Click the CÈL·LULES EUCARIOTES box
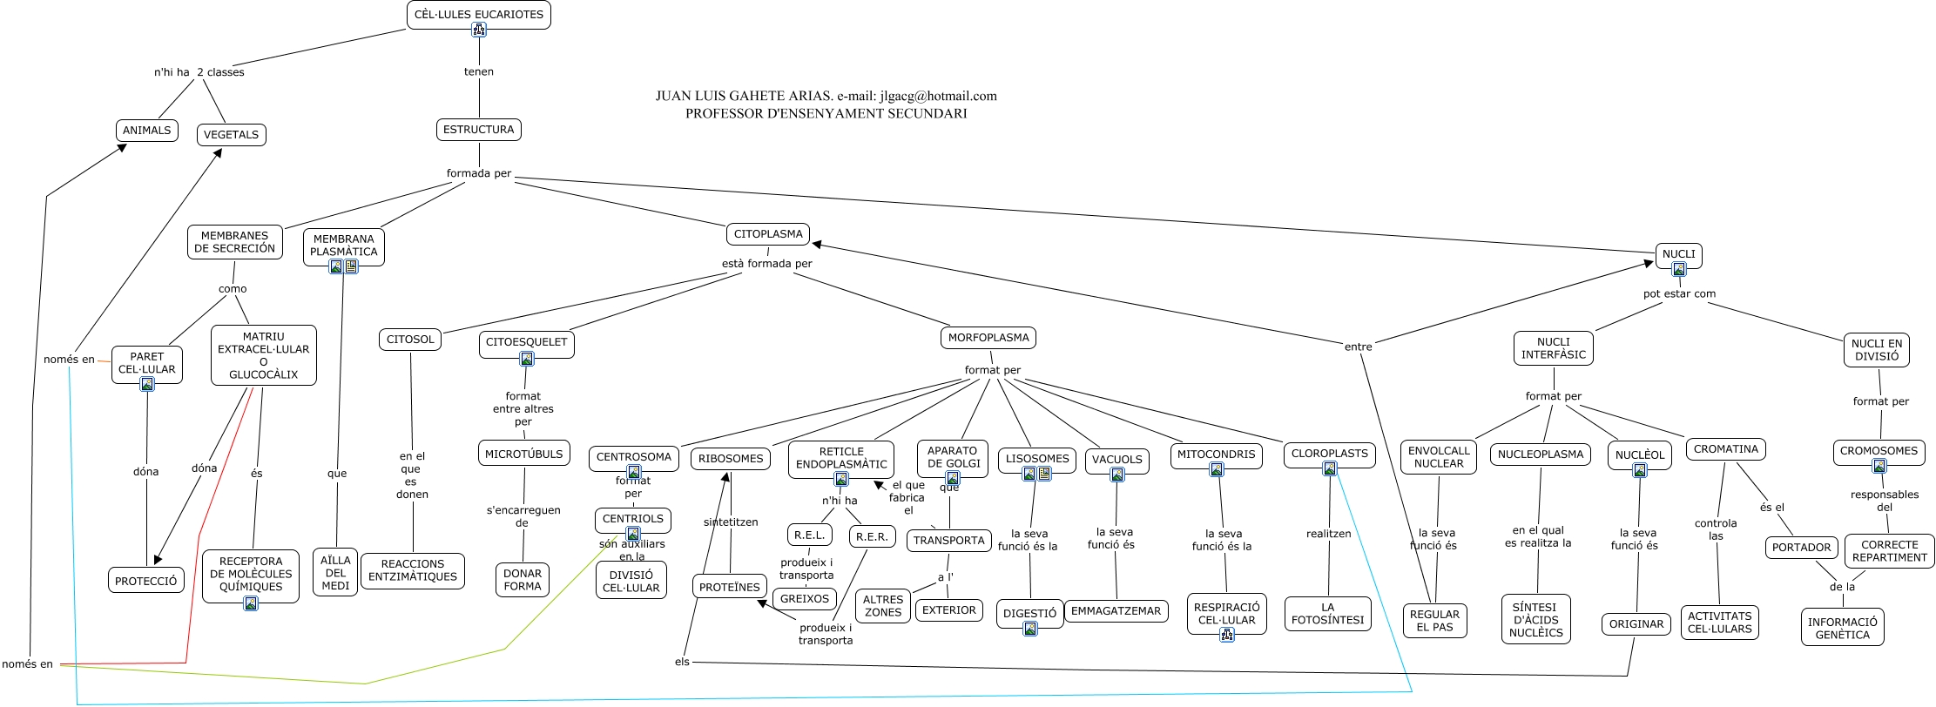pyautogui.click(x=478, y=15)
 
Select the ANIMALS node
pyautogui.click(x=146, y=131)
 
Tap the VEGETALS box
pyautogui.click(x=231, y=135)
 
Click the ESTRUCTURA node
pyautogui.click(x=478, y=130)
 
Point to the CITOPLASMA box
pyautogui.click(x=767, y=234)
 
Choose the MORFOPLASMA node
pyautogui.click(x=988, y=338)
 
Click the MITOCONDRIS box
pyautogui.click(x=1216, y=454)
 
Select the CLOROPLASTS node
pyautogui.click(x=1329, y=453)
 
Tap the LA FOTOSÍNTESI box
pyautogui.click(x=1327, y=614)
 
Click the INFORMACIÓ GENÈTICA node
pyautogui.click(x=1842, y=628)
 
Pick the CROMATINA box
pyautogui.click(x=1725, y=449)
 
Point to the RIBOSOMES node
pyautogui.click(x=730, y=459)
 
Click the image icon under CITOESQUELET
pyautogui.click(x=527, y=359)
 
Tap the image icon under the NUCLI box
pyautogui.click(x=1678, y=269)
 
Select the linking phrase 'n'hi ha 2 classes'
pyautogui.click(x=199, y=72)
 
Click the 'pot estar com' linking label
pyautogui.click(x=1679, y=293)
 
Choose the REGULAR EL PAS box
pyautogui.click(x=1434, y=621)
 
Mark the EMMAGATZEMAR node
pyautogui.click(x=1116, y=611)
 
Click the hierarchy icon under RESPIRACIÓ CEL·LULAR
pyautogui.click(x=1226, y=635)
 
